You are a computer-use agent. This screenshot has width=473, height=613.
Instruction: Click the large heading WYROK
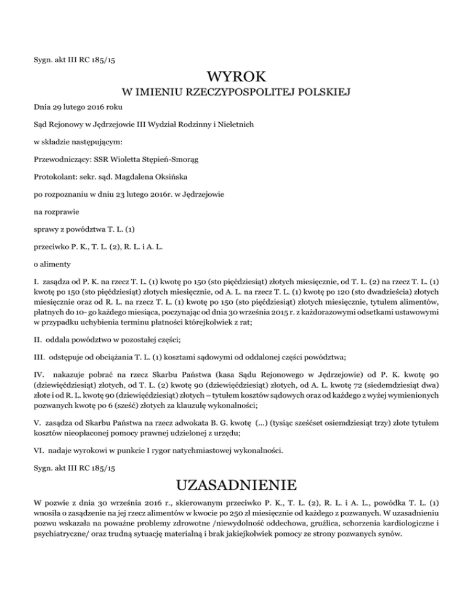(236, 77)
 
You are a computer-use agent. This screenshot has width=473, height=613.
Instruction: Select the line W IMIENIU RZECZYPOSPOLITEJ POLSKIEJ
(236, 93)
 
